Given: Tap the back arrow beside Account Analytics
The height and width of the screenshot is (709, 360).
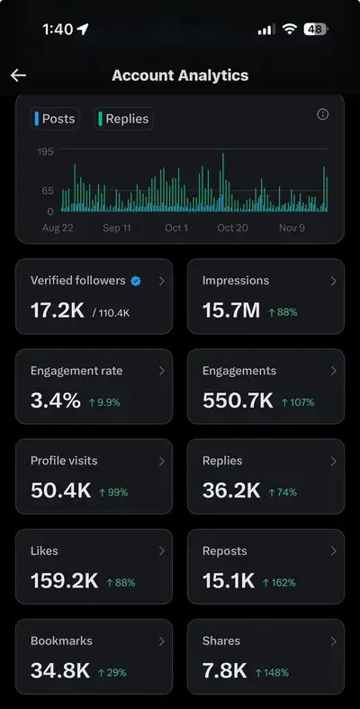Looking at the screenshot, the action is [x=18, y=75].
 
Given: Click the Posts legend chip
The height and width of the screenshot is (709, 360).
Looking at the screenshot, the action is [x=55, y=119].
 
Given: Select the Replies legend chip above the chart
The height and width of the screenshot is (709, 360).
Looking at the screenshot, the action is [x=123, y=119].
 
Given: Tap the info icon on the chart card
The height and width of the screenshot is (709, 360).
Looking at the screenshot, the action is [x=322, y=114].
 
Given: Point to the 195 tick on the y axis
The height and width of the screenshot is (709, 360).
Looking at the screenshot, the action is [x=45, y=151].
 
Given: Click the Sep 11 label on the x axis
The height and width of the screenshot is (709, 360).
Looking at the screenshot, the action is [x=117, y=228].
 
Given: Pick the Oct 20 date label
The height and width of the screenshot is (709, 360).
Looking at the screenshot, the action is [x=232, y=228].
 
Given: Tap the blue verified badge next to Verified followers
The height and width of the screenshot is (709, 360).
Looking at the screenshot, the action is [x=136, y=282].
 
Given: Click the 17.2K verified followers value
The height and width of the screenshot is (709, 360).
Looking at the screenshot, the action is [x=58, y=310].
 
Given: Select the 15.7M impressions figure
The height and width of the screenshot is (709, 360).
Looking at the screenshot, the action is [x=231, y=310].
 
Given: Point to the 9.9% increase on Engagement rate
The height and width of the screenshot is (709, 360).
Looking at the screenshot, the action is [x=104, y=402].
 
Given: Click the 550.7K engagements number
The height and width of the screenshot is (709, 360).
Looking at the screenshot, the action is [x=238, y=400].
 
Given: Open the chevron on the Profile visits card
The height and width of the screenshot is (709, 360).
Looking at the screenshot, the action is [x=162, y=462].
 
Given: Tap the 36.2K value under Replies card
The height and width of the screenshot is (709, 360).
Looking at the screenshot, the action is [x=231, y=490].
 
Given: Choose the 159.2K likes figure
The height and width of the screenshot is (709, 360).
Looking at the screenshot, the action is [x=64, y=581].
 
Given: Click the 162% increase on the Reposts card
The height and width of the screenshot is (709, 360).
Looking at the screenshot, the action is [x=279, y=583].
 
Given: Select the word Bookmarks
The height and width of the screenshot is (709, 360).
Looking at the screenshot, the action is [x=61, y=641].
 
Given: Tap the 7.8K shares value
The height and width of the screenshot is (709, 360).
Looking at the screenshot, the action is [x=225, y=671].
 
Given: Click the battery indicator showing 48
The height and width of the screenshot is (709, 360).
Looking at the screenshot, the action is [x=316, y=30].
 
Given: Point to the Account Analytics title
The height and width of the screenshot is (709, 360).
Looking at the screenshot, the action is [x=180, y=75].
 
